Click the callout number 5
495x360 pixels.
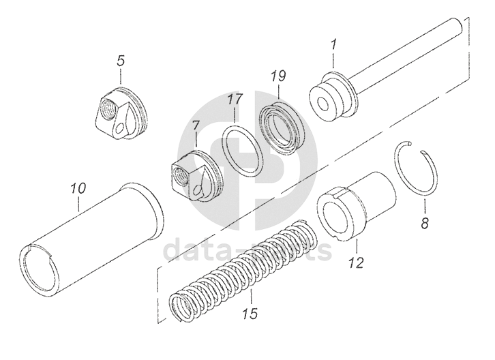point(120,61)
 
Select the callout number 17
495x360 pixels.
point(235,100)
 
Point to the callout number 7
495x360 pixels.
point(195,126)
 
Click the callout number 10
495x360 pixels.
point(78,186)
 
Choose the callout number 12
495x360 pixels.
point(357,261)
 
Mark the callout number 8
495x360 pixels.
point(424,223)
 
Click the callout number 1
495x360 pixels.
point(334,45)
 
